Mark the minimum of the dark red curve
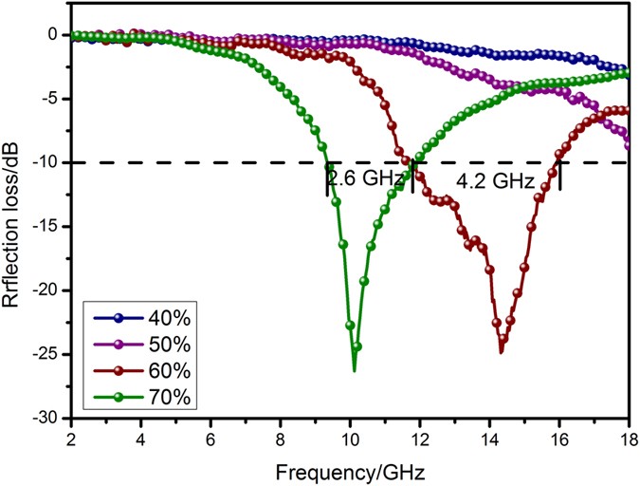501,352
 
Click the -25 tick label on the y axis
51,354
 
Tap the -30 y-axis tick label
51,418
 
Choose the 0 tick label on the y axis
59,34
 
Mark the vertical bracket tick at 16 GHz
559,175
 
